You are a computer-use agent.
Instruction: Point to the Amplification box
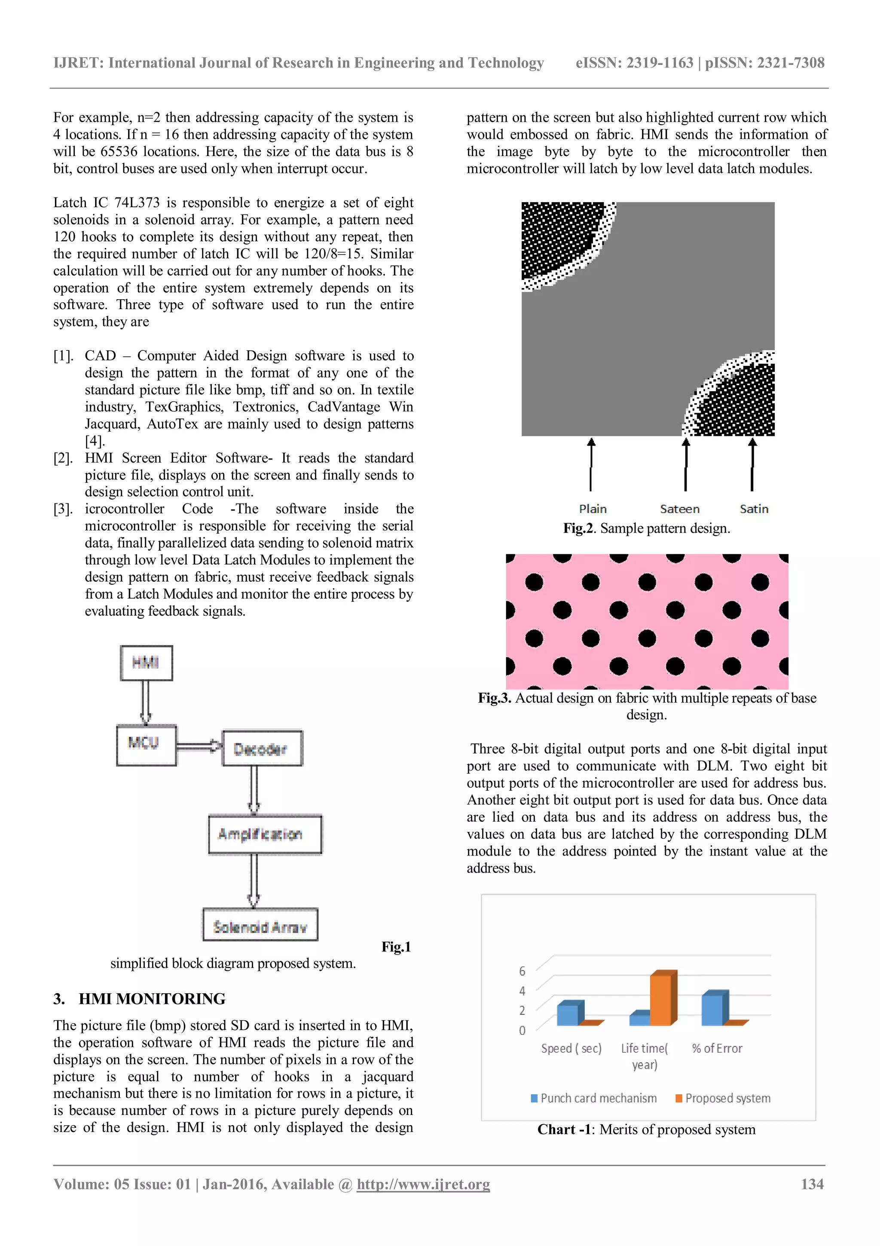[265, 834]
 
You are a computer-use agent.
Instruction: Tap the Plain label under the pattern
[593, 509]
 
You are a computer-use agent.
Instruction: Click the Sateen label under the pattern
[679, 509]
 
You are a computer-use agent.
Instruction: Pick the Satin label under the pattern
[754, 509]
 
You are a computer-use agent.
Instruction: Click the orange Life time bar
[663, 998]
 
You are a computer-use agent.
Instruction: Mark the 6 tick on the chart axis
[522, 970]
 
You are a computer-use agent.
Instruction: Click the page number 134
[812, 1184]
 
